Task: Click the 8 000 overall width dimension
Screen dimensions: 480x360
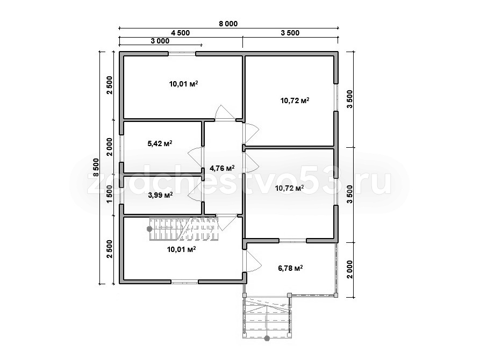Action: pos(228,24)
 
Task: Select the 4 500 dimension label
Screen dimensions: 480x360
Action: pos(180,33)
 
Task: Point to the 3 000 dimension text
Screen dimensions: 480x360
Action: pos(160,41)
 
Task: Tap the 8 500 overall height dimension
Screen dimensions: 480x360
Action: pos(96,168)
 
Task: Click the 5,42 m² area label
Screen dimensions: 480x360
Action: pos(160,143)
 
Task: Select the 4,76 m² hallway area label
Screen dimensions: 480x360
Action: pos(222,168)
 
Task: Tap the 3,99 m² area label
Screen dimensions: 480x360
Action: pos(160,195)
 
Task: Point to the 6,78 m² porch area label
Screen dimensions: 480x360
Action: pos(290,268)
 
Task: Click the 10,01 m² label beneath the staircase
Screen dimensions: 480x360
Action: pos(182,249)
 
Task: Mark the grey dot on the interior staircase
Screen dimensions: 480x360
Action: pos(149,229)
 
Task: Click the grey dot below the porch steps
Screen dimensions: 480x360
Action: pos(267,339)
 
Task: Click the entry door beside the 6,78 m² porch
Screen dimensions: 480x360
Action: pos(252,261)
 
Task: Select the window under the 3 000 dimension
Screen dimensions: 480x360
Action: pos(182,54)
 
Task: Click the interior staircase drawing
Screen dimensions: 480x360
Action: pos(184,229)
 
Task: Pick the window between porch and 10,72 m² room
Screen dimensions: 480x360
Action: pos(292,241)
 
